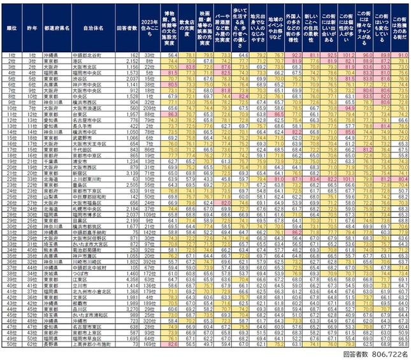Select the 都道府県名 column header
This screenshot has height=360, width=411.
55,29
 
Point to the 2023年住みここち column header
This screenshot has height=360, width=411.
148,29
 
